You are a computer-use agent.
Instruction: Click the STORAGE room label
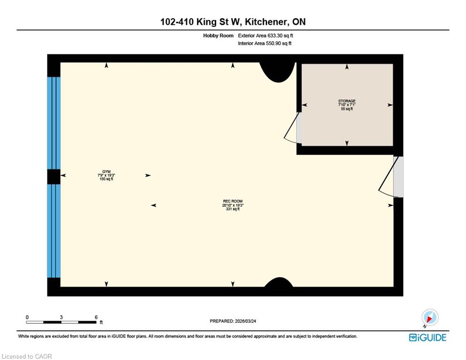point(347,101)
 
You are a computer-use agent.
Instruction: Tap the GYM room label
point(106,172)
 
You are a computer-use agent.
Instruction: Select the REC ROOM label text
point(233,201)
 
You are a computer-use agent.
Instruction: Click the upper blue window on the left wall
point(54,123)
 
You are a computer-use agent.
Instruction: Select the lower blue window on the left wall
point(54,231)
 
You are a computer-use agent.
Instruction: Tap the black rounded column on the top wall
point(278,72)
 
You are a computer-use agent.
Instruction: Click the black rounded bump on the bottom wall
point(279,282)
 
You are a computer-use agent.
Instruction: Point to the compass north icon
point(429,318)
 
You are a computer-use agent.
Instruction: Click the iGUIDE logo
point(428,337)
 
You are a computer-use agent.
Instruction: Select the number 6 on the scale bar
point(96,317)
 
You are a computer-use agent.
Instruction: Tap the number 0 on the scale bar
point(27,317)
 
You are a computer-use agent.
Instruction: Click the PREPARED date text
point(233,321)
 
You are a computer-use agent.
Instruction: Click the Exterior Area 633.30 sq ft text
point(265,36)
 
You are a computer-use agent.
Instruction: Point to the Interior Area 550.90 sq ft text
point(264,44)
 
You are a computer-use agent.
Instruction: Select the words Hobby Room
point(218,36)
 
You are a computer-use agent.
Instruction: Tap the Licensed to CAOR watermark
point(27,356)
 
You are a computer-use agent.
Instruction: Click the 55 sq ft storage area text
point(347,109)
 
